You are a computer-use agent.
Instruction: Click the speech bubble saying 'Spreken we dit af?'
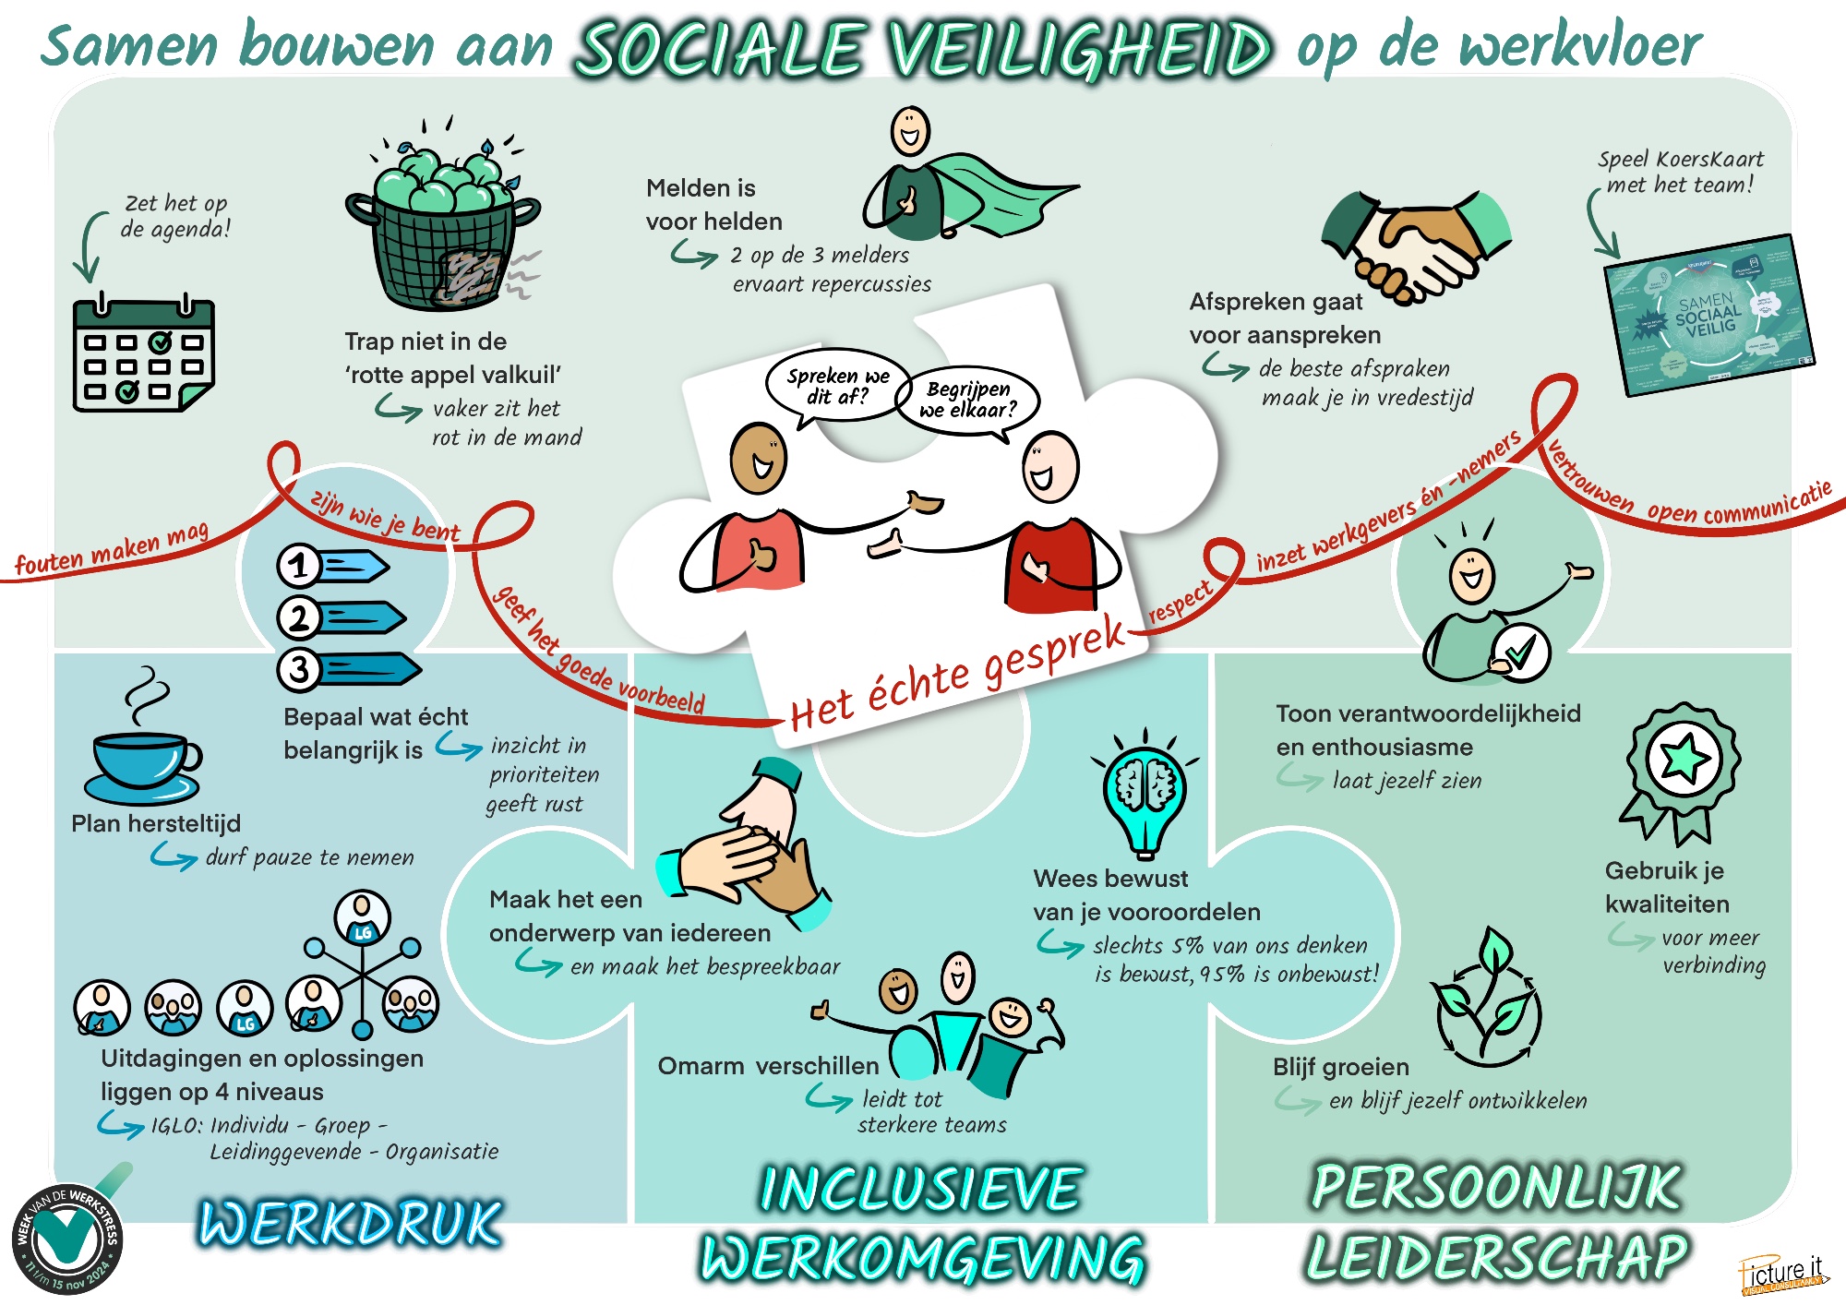[x=836, y=386]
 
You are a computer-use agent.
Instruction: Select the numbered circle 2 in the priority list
[x=298, y=617]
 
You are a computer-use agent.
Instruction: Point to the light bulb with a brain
[x=1145, y=794]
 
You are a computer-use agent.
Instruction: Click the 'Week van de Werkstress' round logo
[x=67, y=1238]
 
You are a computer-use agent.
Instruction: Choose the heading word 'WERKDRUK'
[x=351, y=1224]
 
